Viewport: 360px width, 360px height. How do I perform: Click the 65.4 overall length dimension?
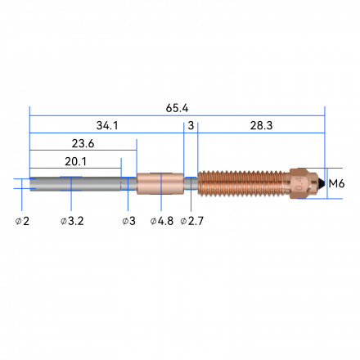point(177,108)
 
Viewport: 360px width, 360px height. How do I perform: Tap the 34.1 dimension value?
point(107,126)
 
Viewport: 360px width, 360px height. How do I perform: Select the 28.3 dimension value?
point(261,126)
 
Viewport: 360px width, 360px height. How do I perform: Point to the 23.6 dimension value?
point(83,143)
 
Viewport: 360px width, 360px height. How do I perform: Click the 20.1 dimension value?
point(75,162)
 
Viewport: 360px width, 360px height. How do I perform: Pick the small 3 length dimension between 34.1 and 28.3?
point(191,126)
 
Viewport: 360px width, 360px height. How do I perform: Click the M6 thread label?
point(336,183)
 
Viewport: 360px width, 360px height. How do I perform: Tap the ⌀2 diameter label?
point(22,221)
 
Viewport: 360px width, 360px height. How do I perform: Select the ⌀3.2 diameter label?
point(72,221)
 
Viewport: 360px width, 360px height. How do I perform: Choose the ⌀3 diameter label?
point(128,221)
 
